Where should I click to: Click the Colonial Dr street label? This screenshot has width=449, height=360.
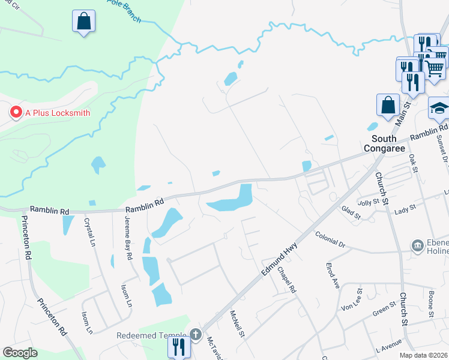click(330, 241)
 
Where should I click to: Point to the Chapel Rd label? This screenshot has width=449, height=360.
click(287, 280)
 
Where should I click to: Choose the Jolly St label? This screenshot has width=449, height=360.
click(368, 202)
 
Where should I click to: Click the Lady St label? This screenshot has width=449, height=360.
click(405, 211)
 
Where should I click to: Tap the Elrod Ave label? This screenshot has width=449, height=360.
click(333, 275)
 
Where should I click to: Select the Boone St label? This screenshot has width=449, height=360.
click(431, 303)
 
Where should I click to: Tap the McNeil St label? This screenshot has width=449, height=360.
click(238, 323)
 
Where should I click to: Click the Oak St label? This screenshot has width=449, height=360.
click(413, 163)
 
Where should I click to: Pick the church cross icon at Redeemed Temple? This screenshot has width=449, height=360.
click(196, 335)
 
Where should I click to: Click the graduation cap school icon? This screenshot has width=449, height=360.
click(439, 109)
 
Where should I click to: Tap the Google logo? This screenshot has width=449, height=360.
click(20, 353)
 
